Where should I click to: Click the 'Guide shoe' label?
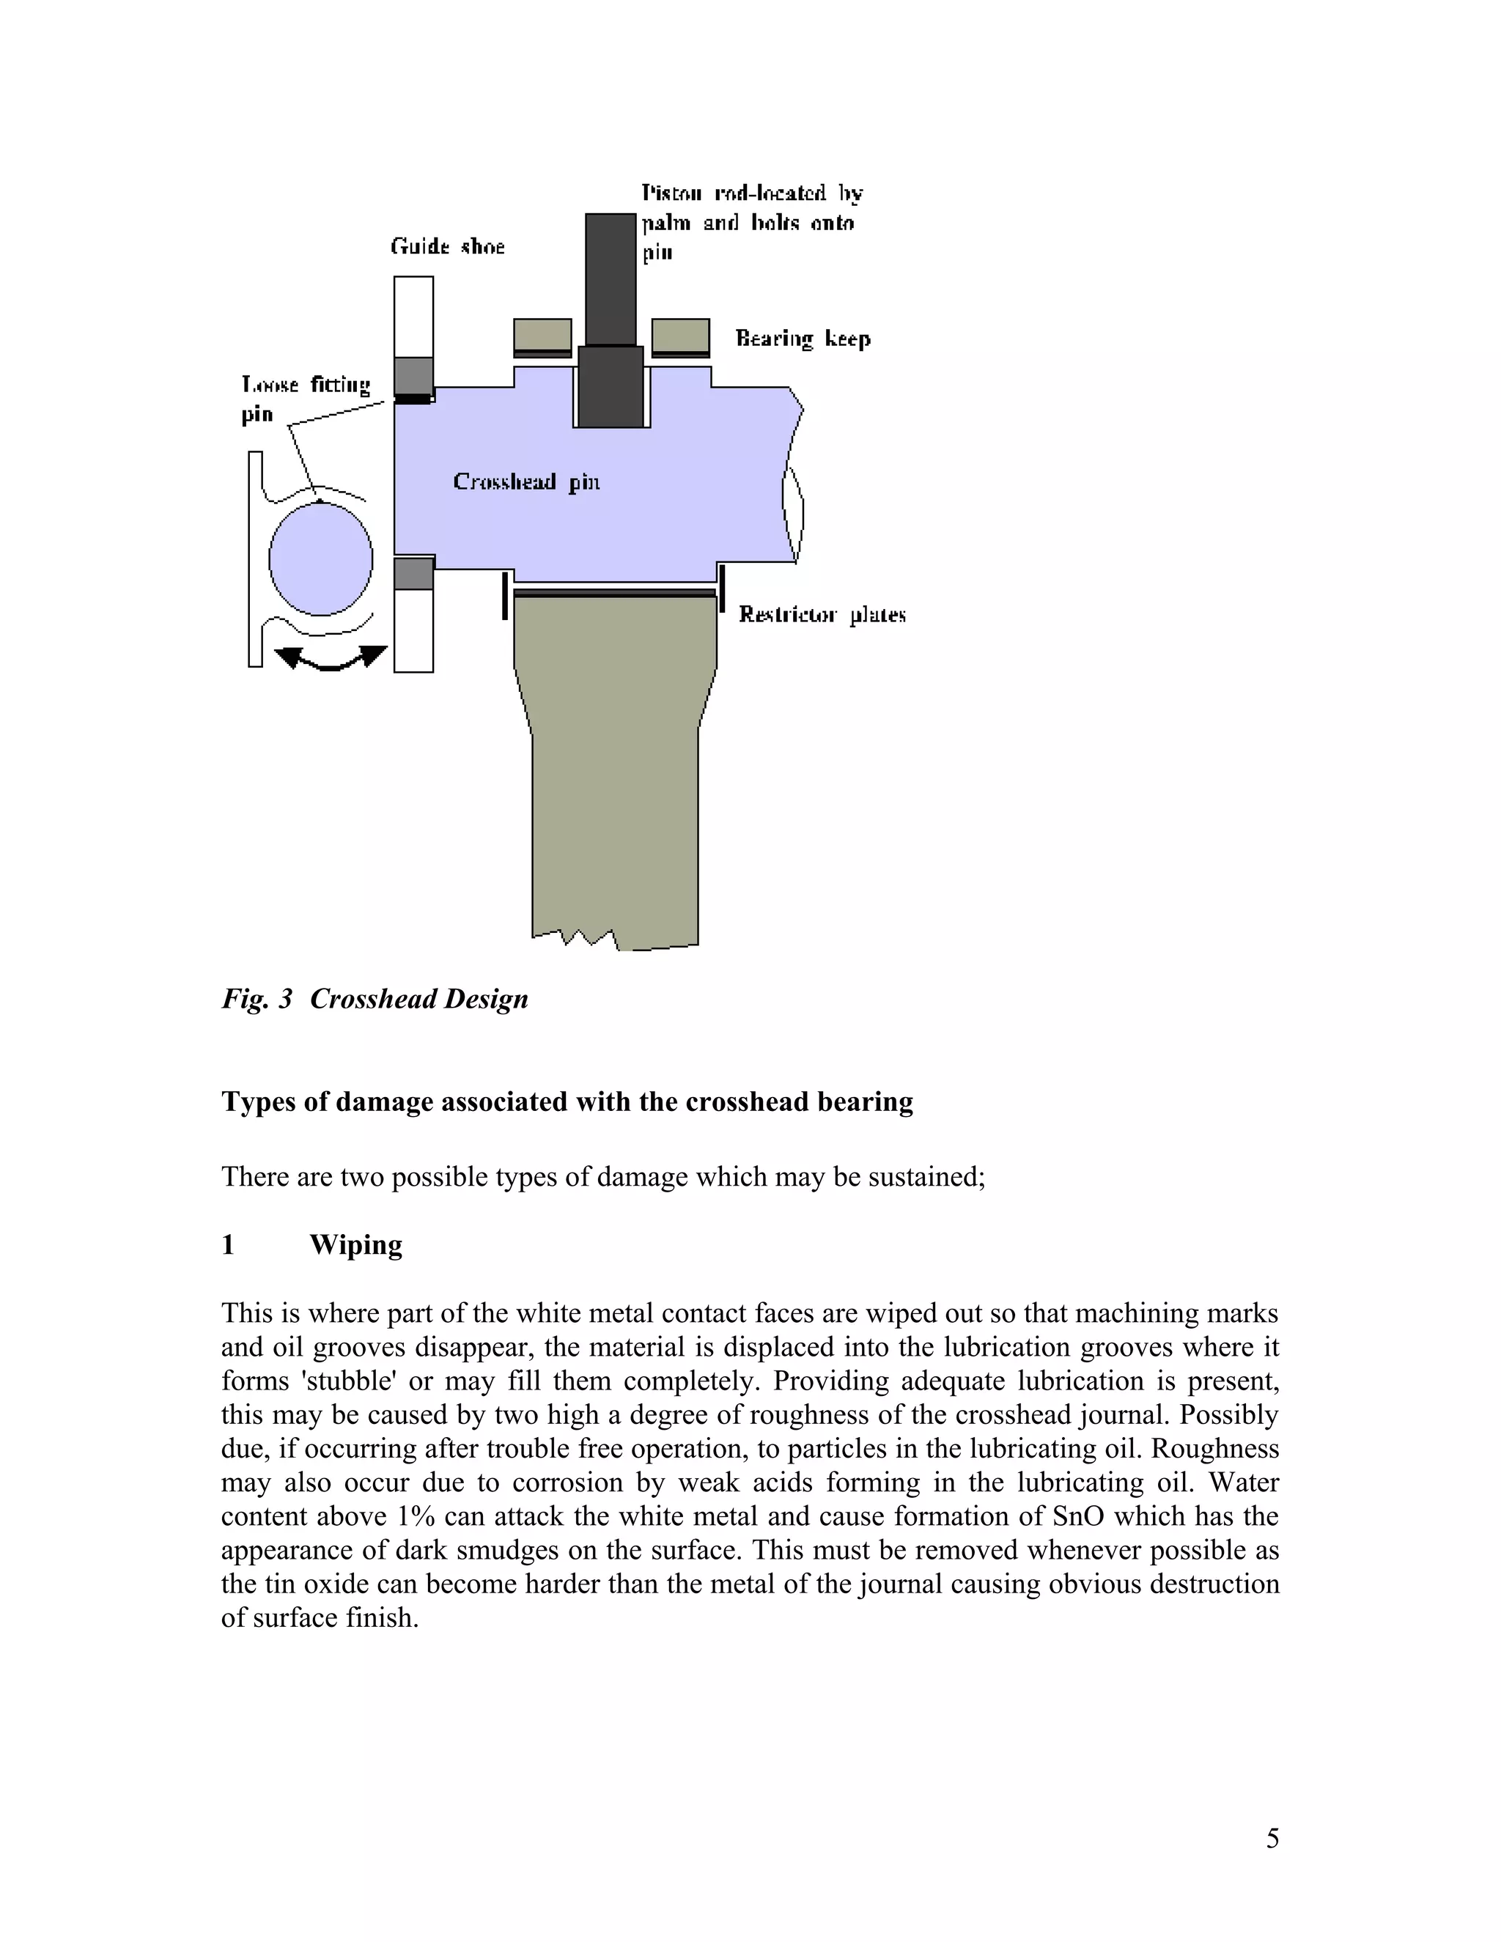(447, 246)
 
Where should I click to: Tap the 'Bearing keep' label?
(802, 339)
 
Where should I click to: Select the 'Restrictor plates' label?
(822, 614)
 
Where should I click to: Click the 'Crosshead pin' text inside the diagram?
(526, 482)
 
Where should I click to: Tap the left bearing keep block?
(542, 335)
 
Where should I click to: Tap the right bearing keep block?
(680, 335)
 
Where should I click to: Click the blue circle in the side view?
(320, 559)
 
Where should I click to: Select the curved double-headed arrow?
(331, 659)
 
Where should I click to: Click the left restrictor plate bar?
(505, 596)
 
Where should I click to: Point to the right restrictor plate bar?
(722, 588)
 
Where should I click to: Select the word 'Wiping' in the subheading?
(355, 1245)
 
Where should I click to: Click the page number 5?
(1272, 1839)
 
